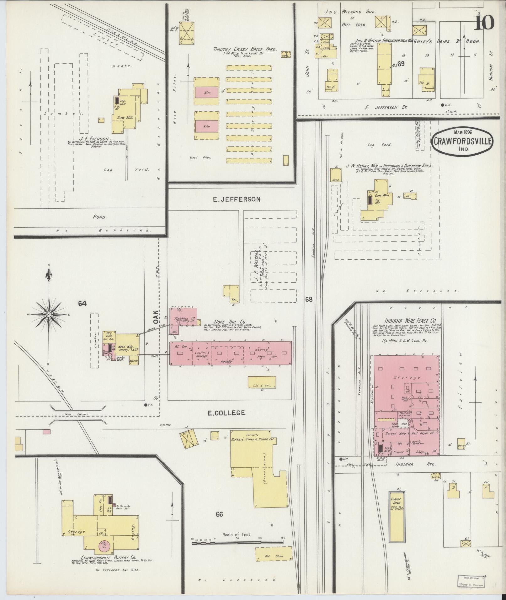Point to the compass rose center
[x=49, y=314]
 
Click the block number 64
[x=83, y=303]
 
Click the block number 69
[x=401, y=64]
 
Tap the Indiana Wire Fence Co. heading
[x=411, y=321]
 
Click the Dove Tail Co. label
[x=225, y=321]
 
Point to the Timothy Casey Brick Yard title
[x=245, y=49]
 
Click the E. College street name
[x=226, y=413]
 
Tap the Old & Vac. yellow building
[x=262, y=383]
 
